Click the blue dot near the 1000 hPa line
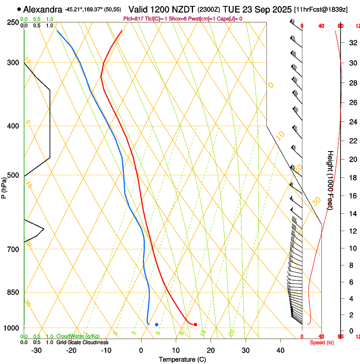pos(157,325)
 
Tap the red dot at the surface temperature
pos(195,325)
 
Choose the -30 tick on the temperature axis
pos(36,350)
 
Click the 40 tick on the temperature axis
pos(280,350)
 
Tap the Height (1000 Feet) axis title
pos(330,180)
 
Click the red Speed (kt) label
pos(322,342)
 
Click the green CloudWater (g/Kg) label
pos(78,336)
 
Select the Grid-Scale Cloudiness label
pos(82,342)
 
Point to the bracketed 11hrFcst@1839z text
pos(321,9)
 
